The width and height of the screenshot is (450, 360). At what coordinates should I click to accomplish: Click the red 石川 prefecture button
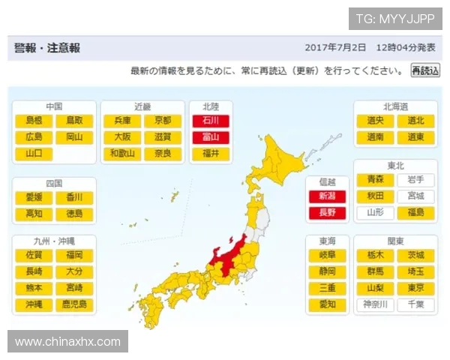coord(206,120)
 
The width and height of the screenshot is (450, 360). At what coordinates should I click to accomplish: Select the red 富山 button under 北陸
coord(206,136)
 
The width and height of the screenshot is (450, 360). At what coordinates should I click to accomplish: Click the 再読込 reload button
coord(424,70)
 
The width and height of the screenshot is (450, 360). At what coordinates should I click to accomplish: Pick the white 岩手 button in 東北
coord(415,179)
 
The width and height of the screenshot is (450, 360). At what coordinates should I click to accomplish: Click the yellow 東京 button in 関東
coord(415,288)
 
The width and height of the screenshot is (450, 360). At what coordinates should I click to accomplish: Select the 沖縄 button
coord(34,304)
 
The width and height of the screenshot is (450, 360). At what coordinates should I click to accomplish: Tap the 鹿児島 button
coord(74,304)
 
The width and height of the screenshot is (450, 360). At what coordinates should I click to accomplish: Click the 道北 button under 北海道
coord(415,120)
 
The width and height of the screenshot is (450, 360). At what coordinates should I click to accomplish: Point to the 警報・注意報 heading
coord(47,47)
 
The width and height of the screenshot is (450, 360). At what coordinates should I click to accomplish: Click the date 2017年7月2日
coord(335,47)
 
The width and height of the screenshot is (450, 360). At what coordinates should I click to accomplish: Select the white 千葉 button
coord(415,304)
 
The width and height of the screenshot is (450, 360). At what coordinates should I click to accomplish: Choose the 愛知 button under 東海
coord(327,304)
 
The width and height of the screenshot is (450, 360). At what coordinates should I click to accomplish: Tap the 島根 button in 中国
coord(34,120)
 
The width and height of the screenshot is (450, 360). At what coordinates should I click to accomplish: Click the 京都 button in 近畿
coord(163,120)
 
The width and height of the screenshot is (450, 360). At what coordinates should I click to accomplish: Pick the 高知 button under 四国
coord(34,213)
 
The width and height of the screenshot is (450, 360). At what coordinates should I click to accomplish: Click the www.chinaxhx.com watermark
coord(67,342)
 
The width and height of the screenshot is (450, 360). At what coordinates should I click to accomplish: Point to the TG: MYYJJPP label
coord(394,19)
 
